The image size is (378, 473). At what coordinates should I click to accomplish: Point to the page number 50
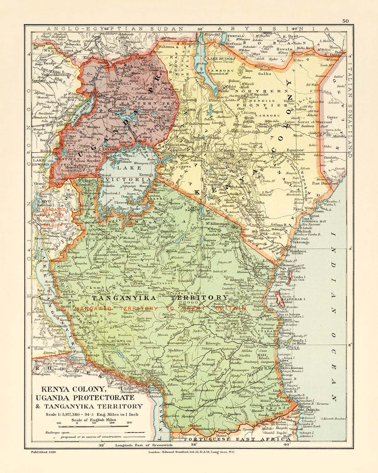click(345, 21)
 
